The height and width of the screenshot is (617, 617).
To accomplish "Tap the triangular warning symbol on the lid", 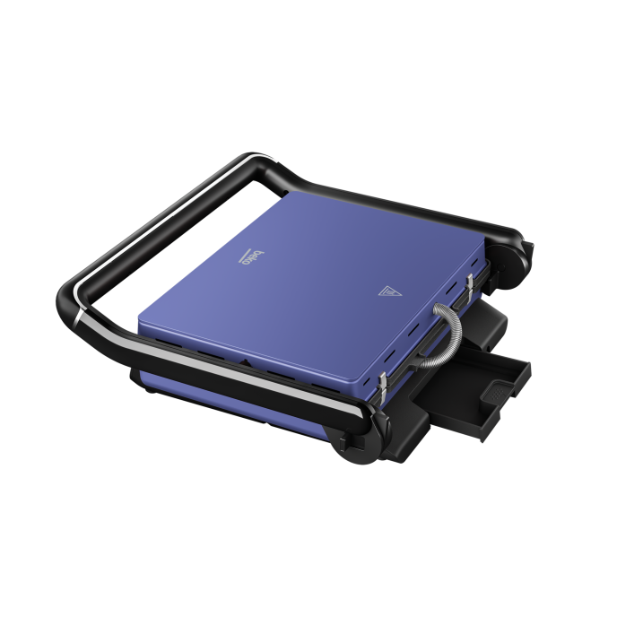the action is point(389,291).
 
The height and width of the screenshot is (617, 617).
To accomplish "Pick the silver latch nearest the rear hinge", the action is point(470,283).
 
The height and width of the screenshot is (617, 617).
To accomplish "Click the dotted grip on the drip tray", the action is point(498,392).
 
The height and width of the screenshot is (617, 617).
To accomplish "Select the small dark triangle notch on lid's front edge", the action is point(244,362).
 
